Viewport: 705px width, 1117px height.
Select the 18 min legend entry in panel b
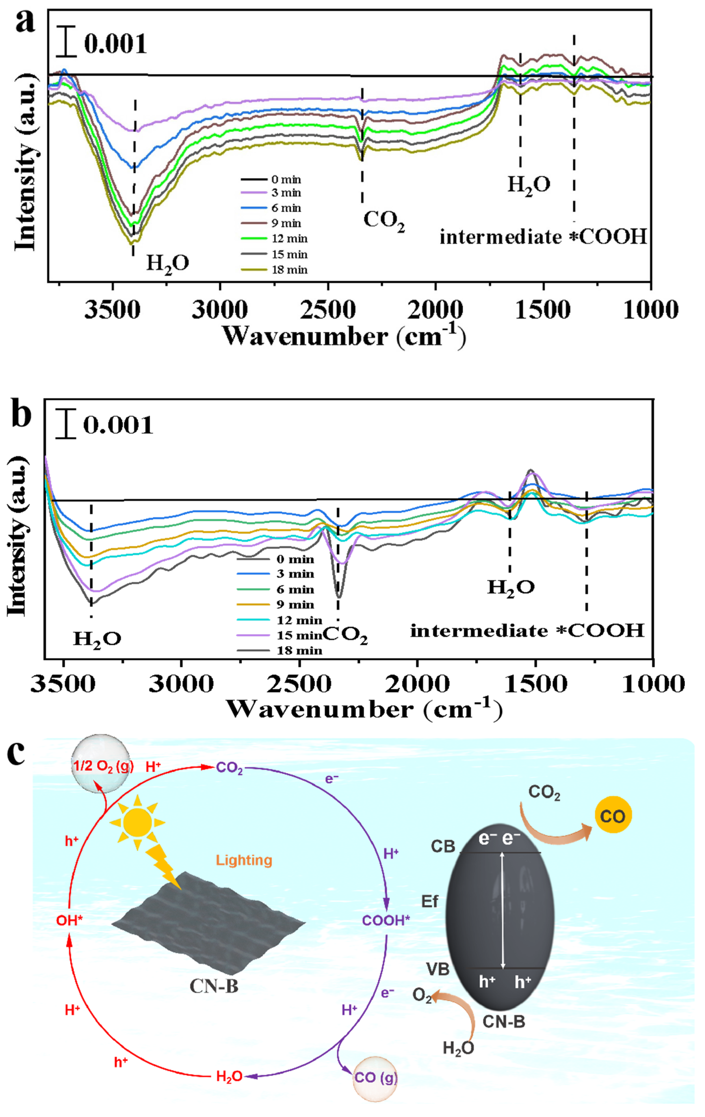click(x=299, y=650)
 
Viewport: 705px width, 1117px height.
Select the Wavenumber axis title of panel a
click(x=344, y=336)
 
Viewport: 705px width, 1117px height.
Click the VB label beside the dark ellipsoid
click(x=438, y=969)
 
